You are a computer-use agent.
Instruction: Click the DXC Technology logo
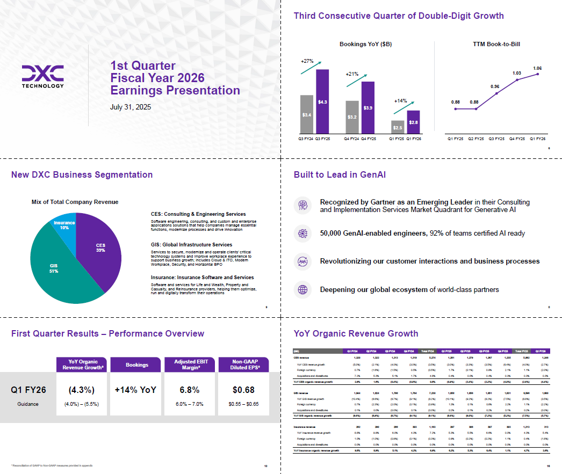click(43, 76)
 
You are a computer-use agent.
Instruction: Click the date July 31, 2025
click(131, 107)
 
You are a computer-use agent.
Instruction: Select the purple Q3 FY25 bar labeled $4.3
click(322, 101)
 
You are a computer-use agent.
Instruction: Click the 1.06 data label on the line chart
click(538, 68)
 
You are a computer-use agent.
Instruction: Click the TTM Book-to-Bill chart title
click(496, 44)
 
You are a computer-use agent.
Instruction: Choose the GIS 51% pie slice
click(54, 268)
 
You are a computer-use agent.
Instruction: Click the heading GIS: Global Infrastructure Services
click(191, 245)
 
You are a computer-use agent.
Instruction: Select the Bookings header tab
click(136, 365)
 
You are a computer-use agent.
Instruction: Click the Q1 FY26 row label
click(28, 390)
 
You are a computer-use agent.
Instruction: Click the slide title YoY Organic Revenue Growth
click(356, 334)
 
